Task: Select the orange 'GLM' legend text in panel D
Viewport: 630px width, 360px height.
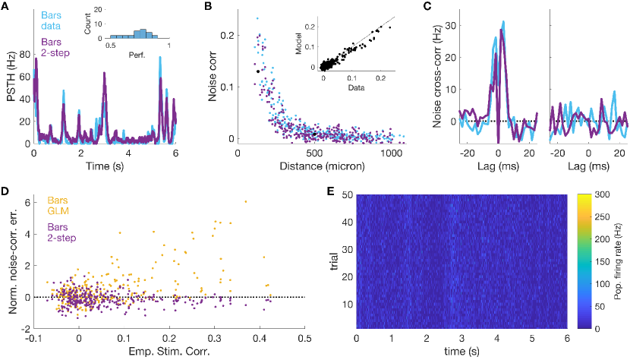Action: [60, 213]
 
